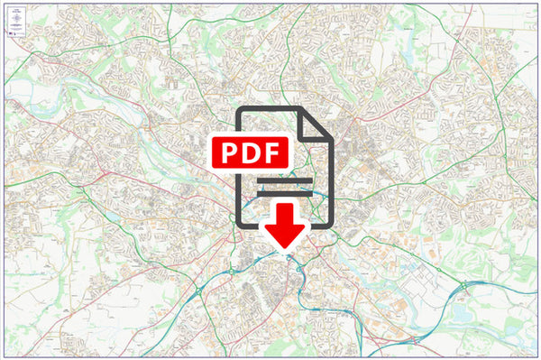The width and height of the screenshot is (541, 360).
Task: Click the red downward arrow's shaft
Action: (287, 215)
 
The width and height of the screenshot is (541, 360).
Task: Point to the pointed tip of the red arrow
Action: (287, 245)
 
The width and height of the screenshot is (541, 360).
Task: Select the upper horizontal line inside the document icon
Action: (284, 180)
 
